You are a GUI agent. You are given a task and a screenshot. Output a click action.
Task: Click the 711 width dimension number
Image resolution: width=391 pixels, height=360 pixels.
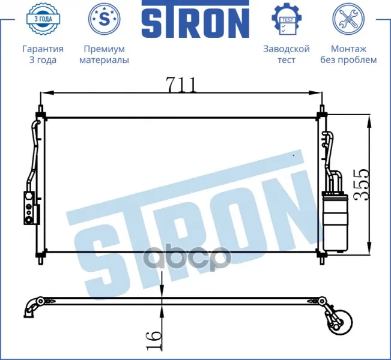point(181,85)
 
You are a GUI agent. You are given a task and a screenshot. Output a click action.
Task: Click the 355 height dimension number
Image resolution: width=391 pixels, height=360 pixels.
point(361,184)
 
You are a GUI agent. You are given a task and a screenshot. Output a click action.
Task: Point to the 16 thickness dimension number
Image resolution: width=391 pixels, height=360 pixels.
point(154,340)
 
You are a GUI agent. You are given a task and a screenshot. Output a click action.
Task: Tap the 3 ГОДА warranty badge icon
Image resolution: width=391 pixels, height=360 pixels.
point(43,19)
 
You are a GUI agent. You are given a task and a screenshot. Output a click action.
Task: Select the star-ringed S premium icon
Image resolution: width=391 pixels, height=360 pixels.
point(105,19)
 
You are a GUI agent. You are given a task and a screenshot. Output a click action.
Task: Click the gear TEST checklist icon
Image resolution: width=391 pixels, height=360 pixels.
point(286,19)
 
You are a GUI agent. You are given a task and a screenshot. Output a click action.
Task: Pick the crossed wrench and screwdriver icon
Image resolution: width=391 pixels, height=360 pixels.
point(348,19)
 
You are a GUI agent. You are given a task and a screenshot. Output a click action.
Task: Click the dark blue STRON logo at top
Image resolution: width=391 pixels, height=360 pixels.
point(196,19)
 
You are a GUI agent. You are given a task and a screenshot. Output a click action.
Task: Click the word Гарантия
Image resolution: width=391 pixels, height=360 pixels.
point(43,49)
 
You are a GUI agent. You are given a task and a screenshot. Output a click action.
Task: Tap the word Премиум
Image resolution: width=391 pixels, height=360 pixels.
point(105,49)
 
